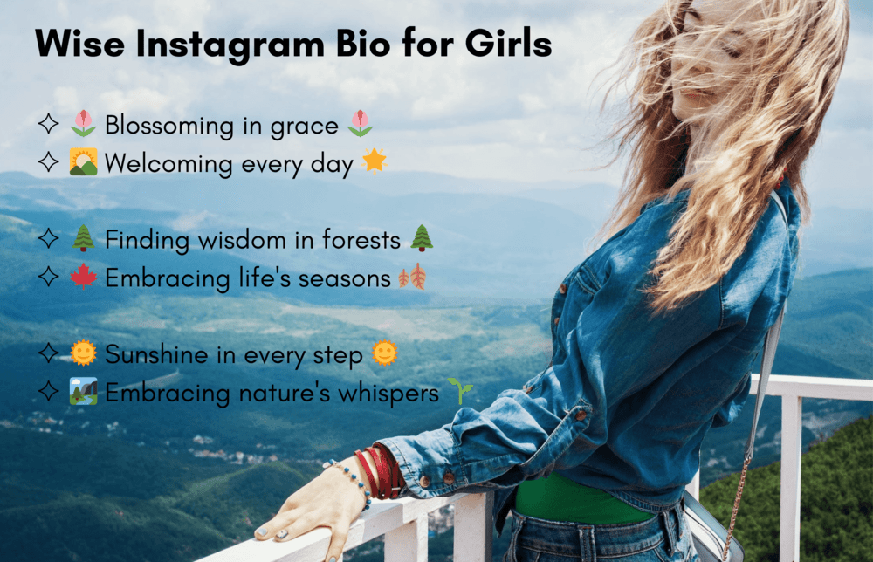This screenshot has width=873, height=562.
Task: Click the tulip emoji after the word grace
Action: (360, 124)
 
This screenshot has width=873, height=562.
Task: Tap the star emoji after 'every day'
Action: (374, 161)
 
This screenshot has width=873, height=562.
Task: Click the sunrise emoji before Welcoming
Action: (83, 162)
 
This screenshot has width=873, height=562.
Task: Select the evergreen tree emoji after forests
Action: (422, 238)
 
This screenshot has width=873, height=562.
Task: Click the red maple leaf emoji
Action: (83, 278)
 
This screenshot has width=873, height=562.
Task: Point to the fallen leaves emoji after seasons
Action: (412, 278)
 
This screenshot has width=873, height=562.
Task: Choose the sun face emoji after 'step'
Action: (384, 353)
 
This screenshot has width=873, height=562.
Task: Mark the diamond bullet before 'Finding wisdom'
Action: (49, 239)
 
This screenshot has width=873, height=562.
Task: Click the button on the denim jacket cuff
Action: (448, 478)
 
